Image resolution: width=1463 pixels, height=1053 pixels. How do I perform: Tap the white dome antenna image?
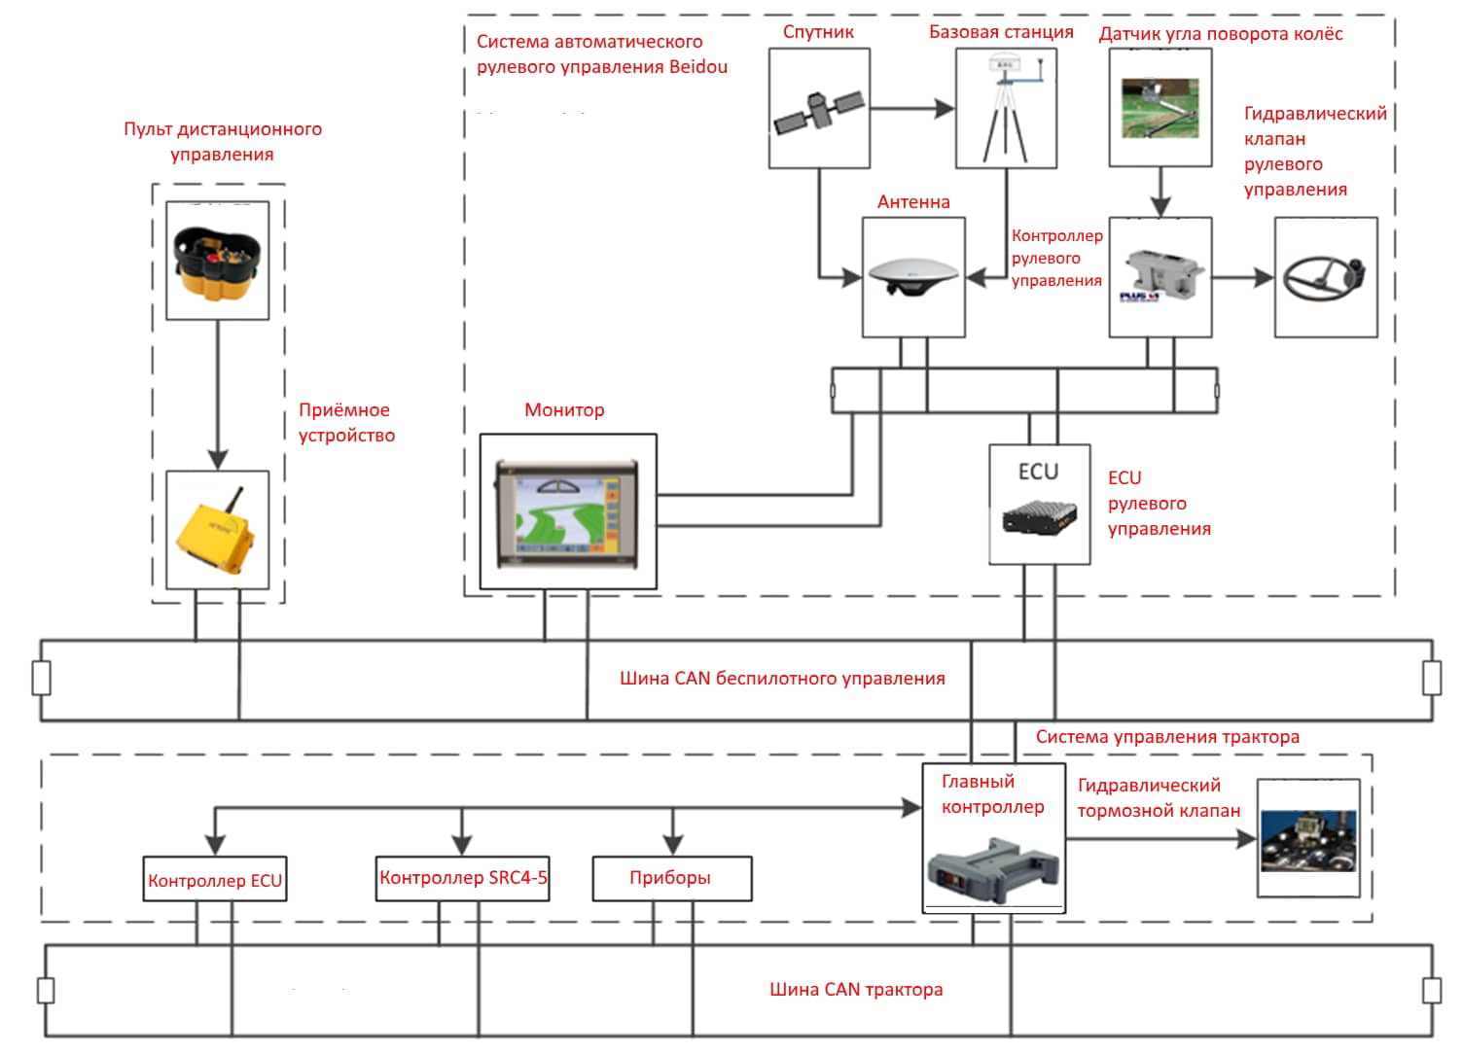tap(912, 276)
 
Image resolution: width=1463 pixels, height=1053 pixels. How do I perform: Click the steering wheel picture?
tap(1324, 276)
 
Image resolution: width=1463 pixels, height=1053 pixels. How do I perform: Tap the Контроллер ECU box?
tap(215, 881)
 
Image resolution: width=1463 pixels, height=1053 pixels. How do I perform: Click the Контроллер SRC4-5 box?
tap(463, 878)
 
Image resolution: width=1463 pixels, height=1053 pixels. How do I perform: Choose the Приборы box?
tap(670, 878)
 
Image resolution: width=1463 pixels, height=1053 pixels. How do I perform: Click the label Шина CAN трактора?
tap(856, 990)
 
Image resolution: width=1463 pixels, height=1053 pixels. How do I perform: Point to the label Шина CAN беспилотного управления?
tap(782, 679)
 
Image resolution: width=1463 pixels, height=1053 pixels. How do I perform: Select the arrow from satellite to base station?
tap(910, 108)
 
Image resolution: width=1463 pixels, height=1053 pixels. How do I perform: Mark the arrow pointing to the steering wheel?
tap(1243, 277)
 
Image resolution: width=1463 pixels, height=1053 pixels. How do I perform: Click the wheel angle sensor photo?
tap(1160, 107)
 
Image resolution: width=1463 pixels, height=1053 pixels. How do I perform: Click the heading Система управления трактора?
tap(1167, 737)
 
